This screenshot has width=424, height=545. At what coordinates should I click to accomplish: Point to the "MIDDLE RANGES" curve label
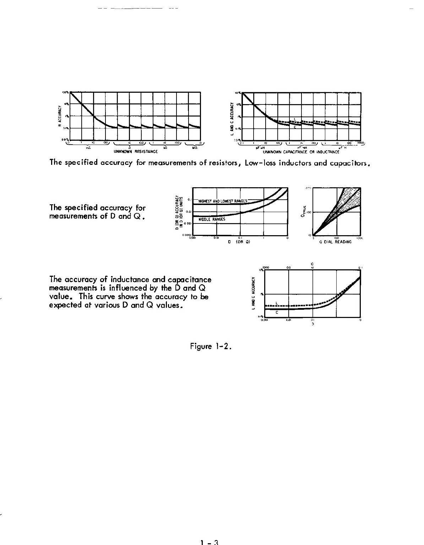[x=212, y=220]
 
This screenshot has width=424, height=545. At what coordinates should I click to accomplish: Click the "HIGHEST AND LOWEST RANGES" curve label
[x=223, y=201]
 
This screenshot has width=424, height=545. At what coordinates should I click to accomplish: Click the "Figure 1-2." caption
[x=211, y=346]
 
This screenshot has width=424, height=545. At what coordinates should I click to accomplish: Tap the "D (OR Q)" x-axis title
[x=239, y=242]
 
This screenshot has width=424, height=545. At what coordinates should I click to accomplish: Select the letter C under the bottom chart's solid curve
[x=277, y=313]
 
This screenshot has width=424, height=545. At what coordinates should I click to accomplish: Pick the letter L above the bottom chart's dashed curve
[x=277, y=303]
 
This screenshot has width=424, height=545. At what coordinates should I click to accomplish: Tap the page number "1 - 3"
[x=210, y=542]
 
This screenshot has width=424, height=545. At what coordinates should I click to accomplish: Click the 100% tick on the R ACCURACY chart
[x=65, y=92]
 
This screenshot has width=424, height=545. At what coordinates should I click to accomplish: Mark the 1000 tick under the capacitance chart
[x=361, y=143]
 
